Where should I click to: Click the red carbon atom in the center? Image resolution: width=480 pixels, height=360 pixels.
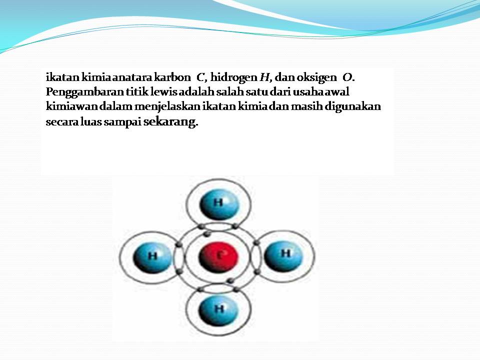click(x=217, y=256)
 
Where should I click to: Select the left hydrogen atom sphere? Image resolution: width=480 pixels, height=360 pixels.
click(x=152, y=257)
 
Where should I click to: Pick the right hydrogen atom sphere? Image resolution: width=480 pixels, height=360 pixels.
click(x=283, y=254)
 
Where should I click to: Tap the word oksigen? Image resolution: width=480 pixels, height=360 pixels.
click(x=317, y=77)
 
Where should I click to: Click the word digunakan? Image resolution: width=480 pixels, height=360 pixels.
click(x=357, y=107)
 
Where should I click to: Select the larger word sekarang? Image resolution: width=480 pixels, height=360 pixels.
click(x=170, y=122)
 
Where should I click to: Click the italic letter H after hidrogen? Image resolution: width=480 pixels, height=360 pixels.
click(x=264, y=77)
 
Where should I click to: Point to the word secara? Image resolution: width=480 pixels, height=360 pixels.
click(x=59, y=122)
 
